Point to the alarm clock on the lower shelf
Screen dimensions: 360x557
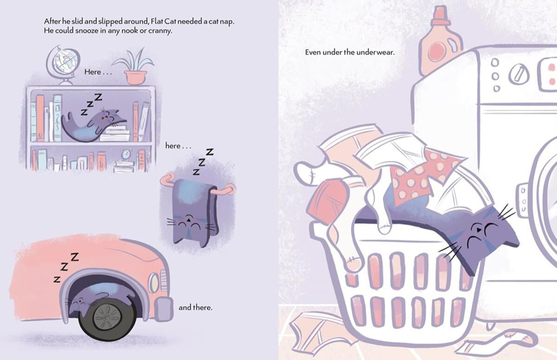pos(126,154)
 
